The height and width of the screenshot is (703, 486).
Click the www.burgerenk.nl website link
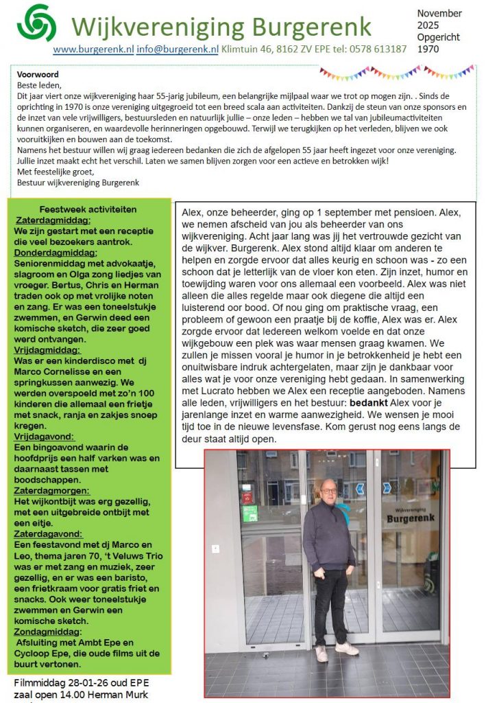(x=93, y=49)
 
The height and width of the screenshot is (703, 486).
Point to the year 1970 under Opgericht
(x=430, y=49)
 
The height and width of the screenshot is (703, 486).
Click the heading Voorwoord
(x=38, y=75)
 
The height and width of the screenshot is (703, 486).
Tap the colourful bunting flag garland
(x=398, y=71)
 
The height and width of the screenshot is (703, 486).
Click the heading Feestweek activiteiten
(x=88, y=209)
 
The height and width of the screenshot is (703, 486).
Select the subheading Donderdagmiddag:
(x=57, y=253)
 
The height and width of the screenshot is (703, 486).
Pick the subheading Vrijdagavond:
(x=45, y=437)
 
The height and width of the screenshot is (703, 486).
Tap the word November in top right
(x=439, y=14)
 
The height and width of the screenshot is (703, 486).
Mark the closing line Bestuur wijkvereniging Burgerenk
(x=78, y=183)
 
